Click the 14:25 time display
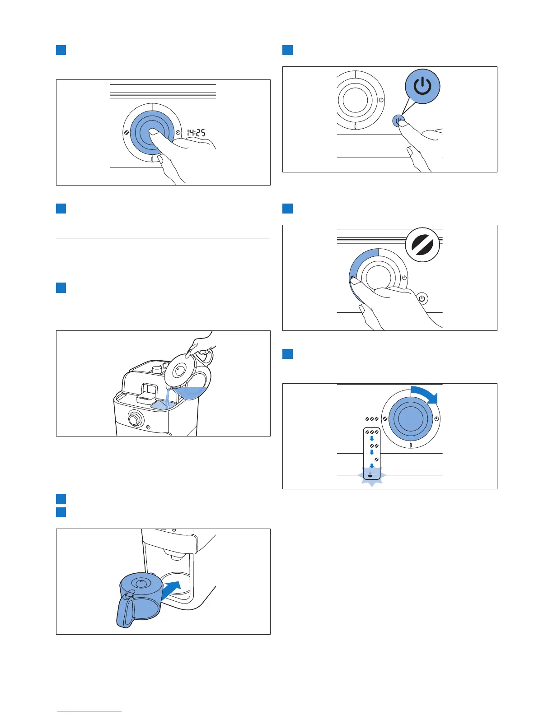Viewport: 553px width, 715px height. click(196, 133)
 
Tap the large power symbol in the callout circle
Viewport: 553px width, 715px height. click(422, 86)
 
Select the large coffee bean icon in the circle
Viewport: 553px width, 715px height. click(422, 245)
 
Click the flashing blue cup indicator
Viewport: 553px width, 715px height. click(370, 475)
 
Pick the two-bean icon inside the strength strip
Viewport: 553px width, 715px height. click(373, 446)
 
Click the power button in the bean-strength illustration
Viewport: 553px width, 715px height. click(422, 298)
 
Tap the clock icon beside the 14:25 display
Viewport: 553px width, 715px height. click(178, 133)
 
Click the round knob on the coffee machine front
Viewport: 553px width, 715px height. click(135, 419)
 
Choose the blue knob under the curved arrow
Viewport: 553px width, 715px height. click(410, 418)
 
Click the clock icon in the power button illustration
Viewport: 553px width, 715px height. click(381, 99)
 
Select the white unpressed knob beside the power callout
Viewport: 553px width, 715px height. click(356, 99)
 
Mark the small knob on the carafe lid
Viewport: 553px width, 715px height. click(141, 583)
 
